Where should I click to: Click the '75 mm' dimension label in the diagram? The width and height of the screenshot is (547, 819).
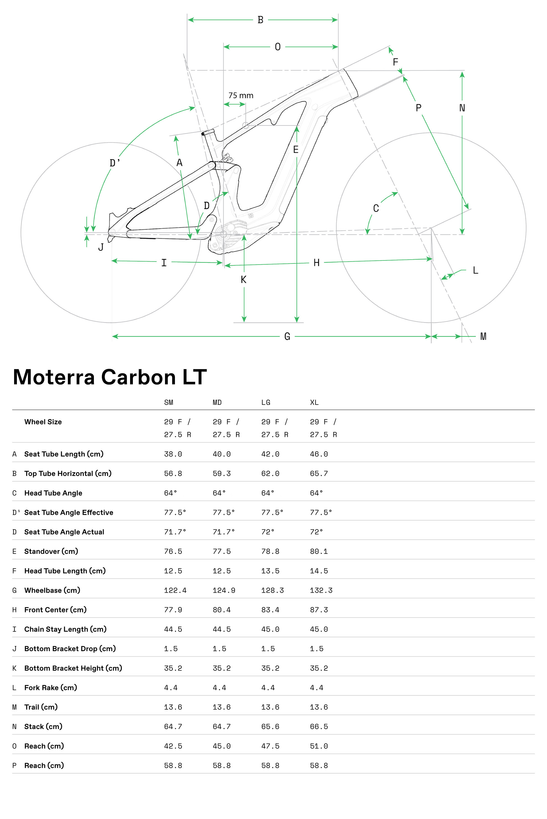(x=241, y=96)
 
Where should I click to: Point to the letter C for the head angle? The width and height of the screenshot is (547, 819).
(x=376, y=208)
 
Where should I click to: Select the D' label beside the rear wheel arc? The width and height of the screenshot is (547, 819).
(x=114, y=163)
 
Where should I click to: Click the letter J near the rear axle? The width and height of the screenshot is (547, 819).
(x=101, y=247)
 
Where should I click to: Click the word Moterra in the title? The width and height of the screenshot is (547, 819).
(x=54, y=377)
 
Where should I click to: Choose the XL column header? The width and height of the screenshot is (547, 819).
(x=314, y=403)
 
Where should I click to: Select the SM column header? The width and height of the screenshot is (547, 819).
(x=169, y=403)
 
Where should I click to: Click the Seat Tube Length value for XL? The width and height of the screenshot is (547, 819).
(x=319, y=454)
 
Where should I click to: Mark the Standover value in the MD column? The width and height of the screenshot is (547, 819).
(x=221, y=552)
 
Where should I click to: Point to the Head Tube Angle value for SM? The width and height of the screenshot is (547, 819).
(x=171, y=493)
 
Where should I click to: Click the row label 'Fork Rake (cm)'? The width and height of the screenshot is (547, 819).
(x=51, y=688)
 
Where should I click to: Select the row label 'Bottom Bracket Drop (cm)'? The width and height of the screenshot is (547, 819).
(x=70, y=649)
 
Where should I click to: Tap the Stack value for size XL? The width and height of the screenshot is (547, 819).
(x=319, y=726)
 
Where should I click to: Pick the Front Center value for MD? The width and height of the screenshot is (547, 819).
(x=221, y=610)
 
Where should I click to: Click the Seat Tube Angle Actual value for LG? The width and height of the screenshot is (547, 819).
(x=268, y=532)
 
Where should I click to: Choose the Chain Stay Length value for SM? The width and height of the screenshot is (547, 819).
(x=173, y=629)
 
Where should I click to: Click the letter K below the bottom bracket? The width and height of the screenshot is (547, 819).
(x=244, y=280)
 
